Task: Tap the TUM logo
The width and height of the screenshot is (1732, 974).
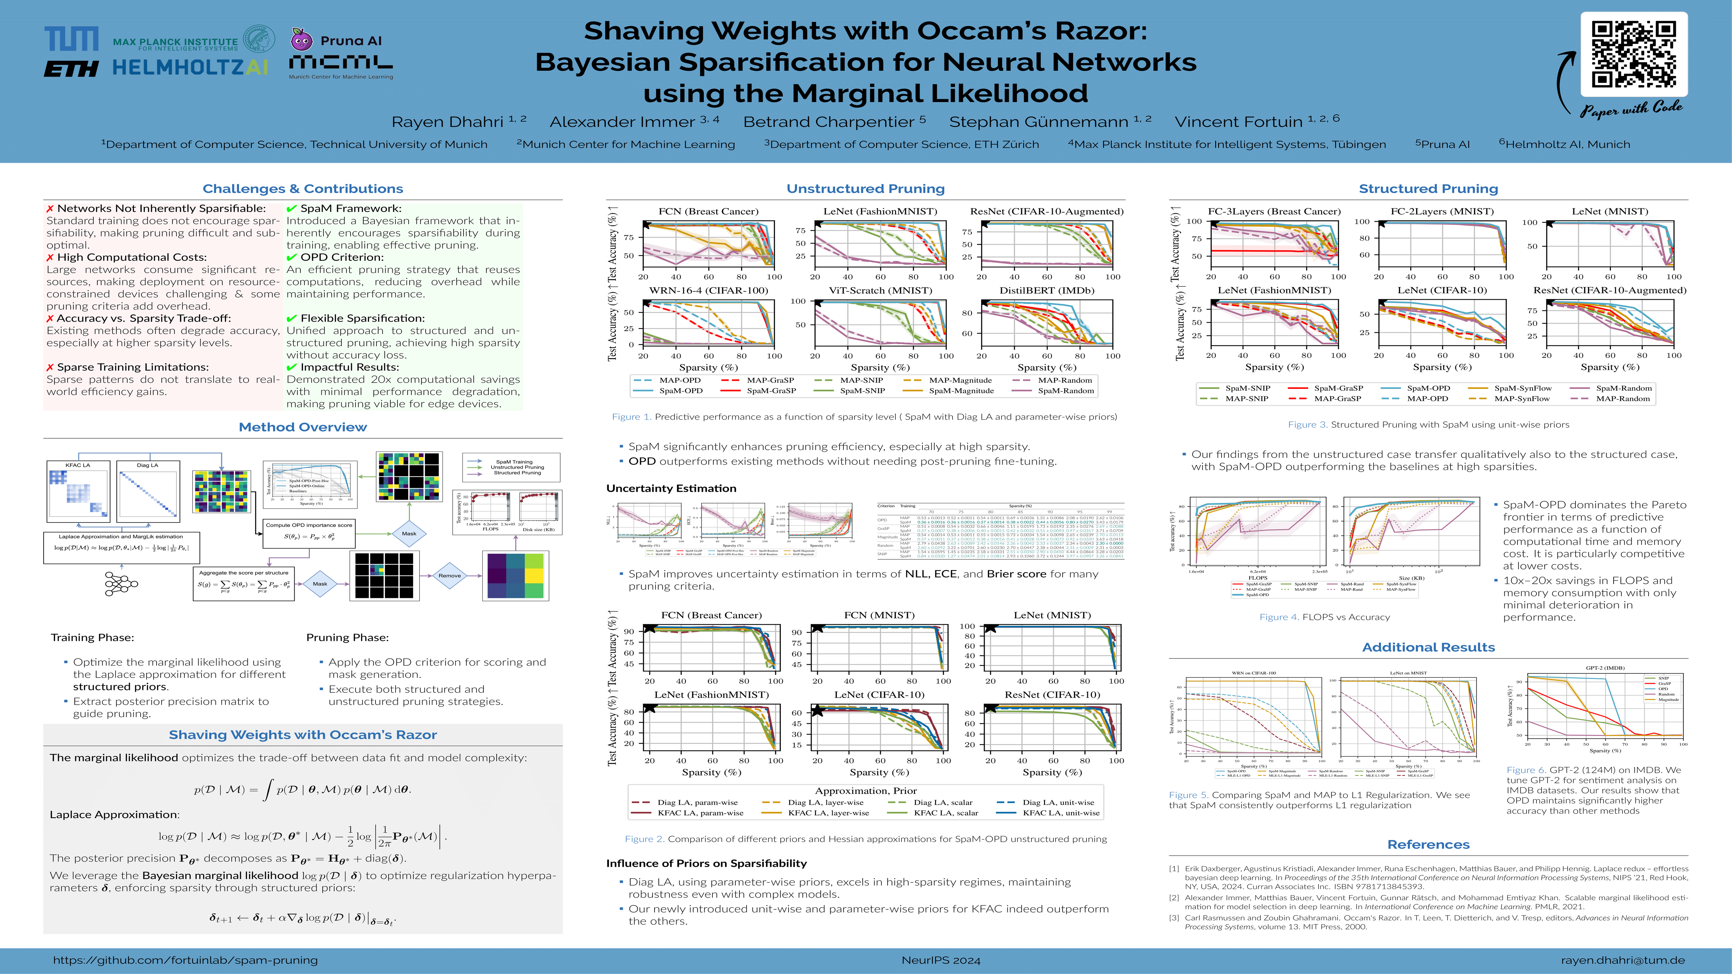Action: tap(71, 39)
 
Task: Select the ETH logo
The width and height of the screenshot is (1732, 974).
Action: tap(71, 69)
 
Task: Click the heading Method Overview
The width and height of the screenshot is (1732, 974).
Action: tap(302, 427)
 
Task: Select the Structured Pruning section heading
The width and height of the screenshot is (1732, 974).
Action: tap(1428, 189)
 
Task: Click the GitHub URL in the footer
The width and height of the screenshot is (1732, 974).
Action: tap(186, 960)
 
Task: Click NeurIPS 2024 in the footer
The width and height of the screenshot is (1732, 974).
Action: tap(941, 960)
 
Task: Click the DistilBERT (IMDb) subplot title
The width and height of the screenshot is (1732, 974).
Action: tap(1047, 291)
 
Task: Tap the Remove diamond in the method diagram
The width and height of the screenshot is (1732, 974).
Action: tap(449, 575)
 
